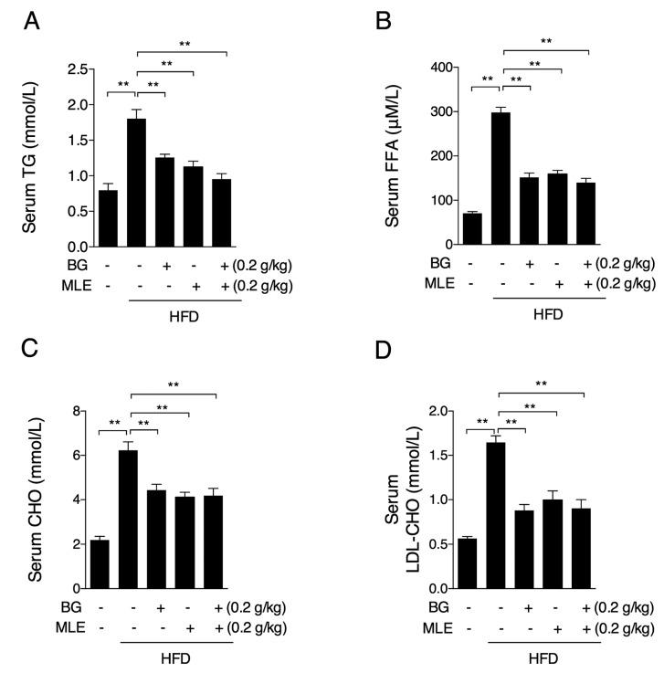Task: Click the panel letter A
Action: pos(30,19)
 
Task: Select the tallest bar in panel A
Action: pos(136,183)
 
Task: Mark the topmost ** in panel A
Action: pos(184,43)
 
